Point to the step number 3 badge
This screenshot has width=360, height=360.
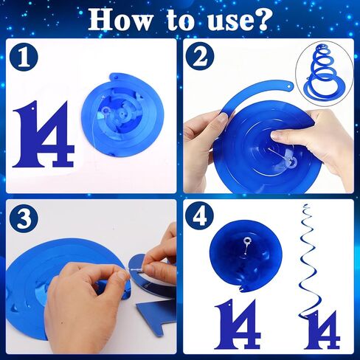[x=26, y=219]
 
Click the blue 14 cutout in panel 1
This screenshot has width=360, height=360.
[x=44, y=137]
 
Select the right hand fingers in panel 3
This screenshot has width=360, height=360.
[x=159, y=258]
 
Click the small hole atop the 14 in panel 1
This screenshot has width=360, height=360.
[x=32, y=112]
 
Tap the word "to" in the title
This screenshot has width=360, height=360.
[x=172, y=20]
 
